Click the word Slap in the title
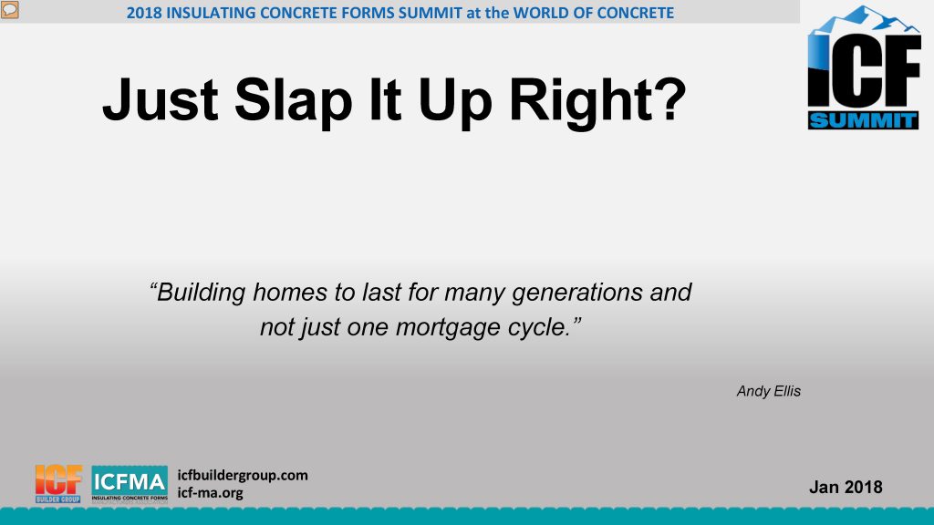pyautogui.click(x=294, y=100)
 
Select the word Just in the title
pyautogui.click(x=161, y=99)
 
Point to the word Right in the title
pyautogui.click(x=582, y=101)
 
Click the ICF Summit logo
pyautogui.click(x=864, y=67)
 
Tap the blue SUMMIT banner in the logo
pyautogui.click(x=863, y=120)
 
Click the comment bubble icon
pyautogui.click(x=9, y=9)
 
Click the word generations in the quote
pyautogui.click(x=577, y=293)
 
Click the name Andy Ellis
pyautogui.click(x=768, y=391)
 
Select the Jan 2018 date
pyautogui.click(x=846, y=487)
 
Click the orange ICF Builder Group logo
pyautogui.click(x=58, y=484)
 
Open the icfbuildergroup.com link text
pyautogui.click(x=243, y=475)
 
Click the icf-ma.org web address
pyautogui.click(x=211, y=493)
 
